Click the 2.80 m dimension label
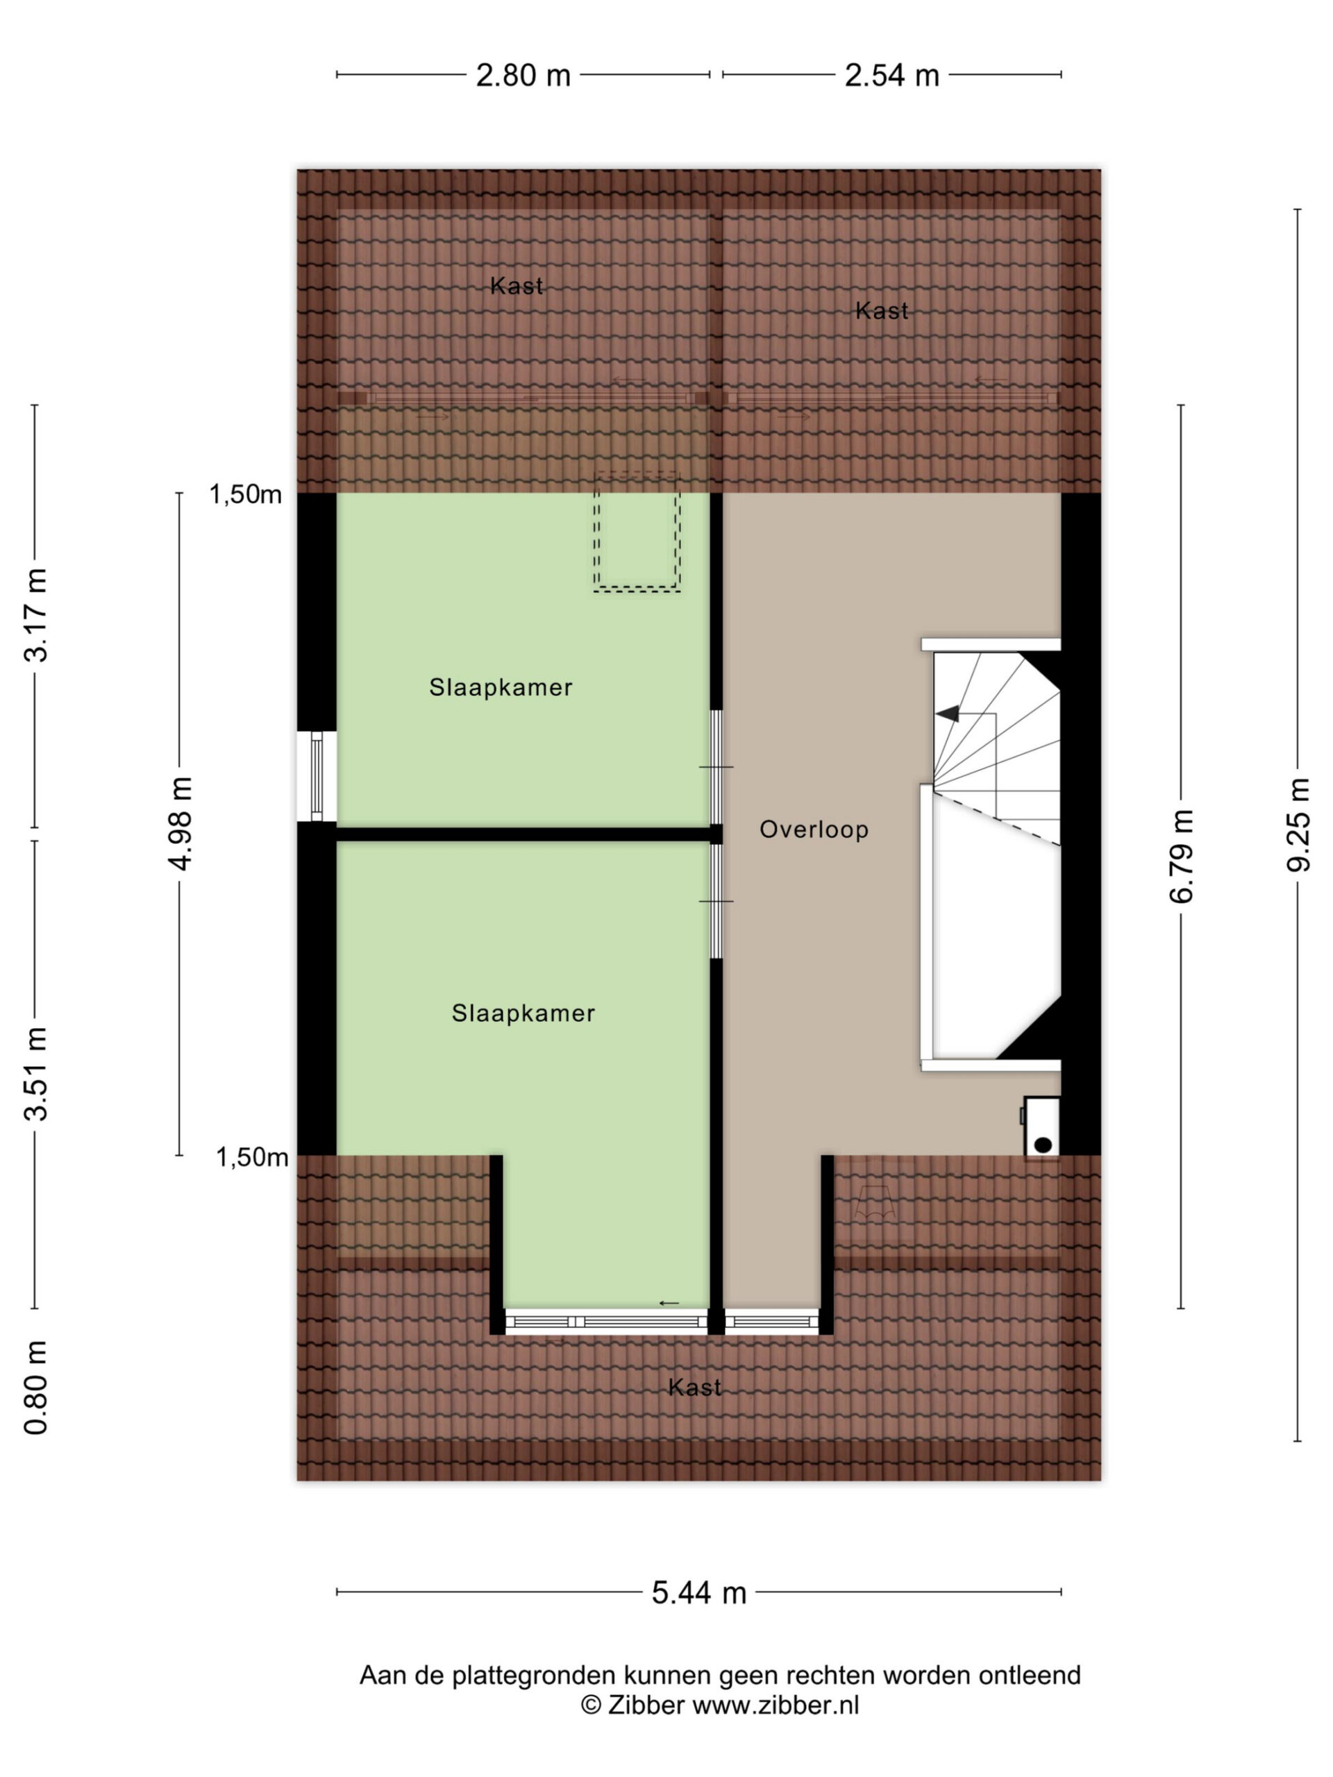coord(523,76)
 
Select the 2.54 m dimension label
coord(892,76)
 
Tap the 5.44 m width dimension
coord(699,1592)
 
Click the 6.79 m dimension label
coord(1181,857)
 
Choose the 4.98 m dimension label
coord(179,823)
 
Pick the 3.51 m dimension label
coord(35,1074)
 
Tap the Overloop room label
coord(814,830)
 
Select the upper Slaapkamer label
coord(501,688)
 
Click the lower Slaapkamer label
coord(523,1014)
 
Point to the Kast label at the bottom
coord(695,1388)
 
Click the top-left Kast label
coord(517,286)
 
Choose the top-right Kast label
coord(882,311)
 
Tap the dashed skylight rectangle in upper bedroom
coord(637,532)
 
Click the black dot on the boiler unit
coord(1043,1145)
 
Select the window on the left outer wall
coord(317,776)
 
